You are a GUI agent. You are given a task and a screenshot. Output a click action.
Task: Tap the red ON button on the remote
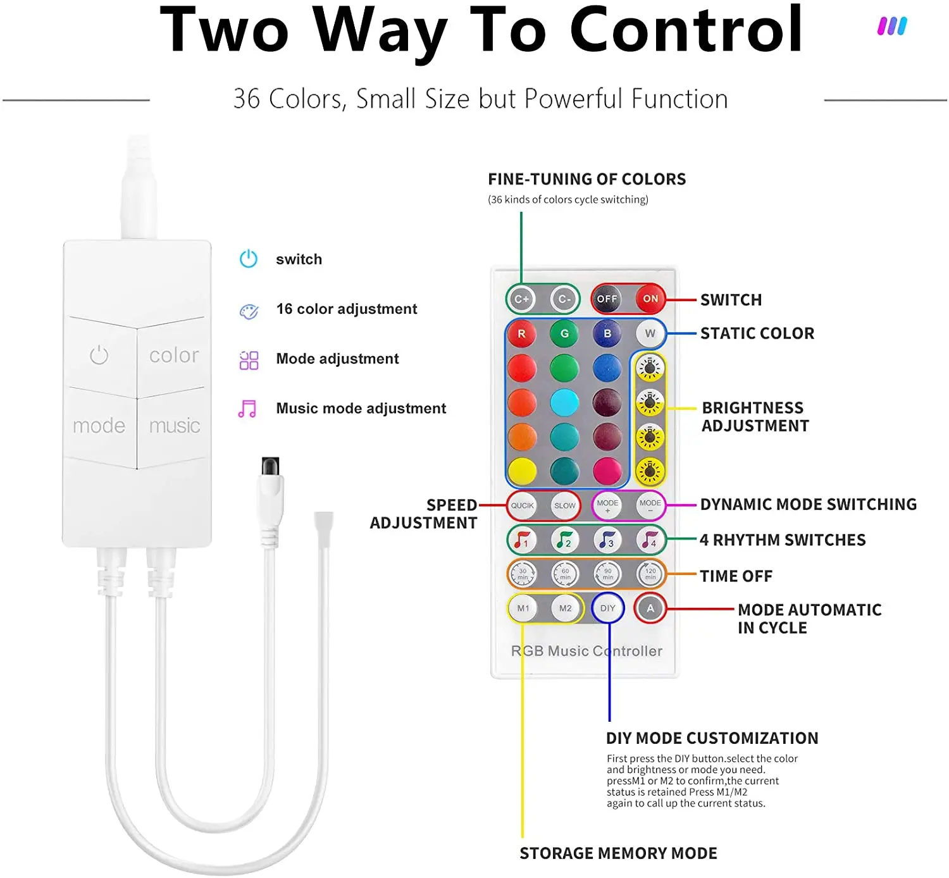coord(650,299)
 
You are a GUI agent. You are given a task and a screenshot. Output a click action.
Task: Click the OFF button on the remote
coord(607,299)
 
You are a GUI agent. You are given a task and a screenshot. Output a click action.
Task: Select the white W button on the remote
coord(650,333)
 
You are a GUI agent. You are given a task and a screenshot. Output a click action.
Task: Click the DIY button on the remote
coord(607,608)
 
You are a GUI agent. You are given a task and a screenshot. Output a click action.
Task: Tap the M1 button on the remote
coord(523,608)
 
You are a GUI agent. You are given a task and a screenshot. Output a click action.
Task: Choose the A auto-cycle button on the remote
coord(650,608)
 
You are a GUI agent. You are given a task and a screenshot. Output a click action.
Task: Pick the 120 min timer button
coord(650,574)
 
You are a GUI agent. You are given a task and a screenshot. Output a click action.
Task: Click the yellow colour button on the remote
coord(522,471)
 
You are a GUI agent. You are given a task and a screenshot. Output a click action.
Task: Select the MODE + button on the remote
coord(607,505)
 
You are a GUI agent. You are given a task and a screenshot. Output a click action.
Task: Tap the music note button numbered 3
coord(607,540)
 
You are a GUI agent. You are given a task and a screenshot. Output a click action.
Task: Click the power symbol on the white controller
coord(99,355)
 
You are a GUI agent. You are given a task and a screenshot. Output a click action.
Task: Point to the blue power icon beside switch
coord(249,259)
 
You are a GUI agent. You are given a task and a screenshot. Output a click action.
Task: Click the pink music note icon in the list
coord(247,409)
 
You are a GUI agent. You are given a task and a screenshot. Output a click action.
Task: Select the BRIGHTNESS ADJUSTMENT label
coord(755,417)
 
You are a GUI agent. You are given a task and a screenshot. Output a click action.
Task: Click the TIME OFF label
coord(736,576)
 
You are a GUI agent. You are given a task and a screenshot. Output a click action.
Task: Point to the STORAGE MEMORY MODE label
coord(618,853)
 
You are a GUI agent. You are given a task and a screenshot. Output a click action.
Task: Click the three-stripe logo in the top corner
coord(892,26)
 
